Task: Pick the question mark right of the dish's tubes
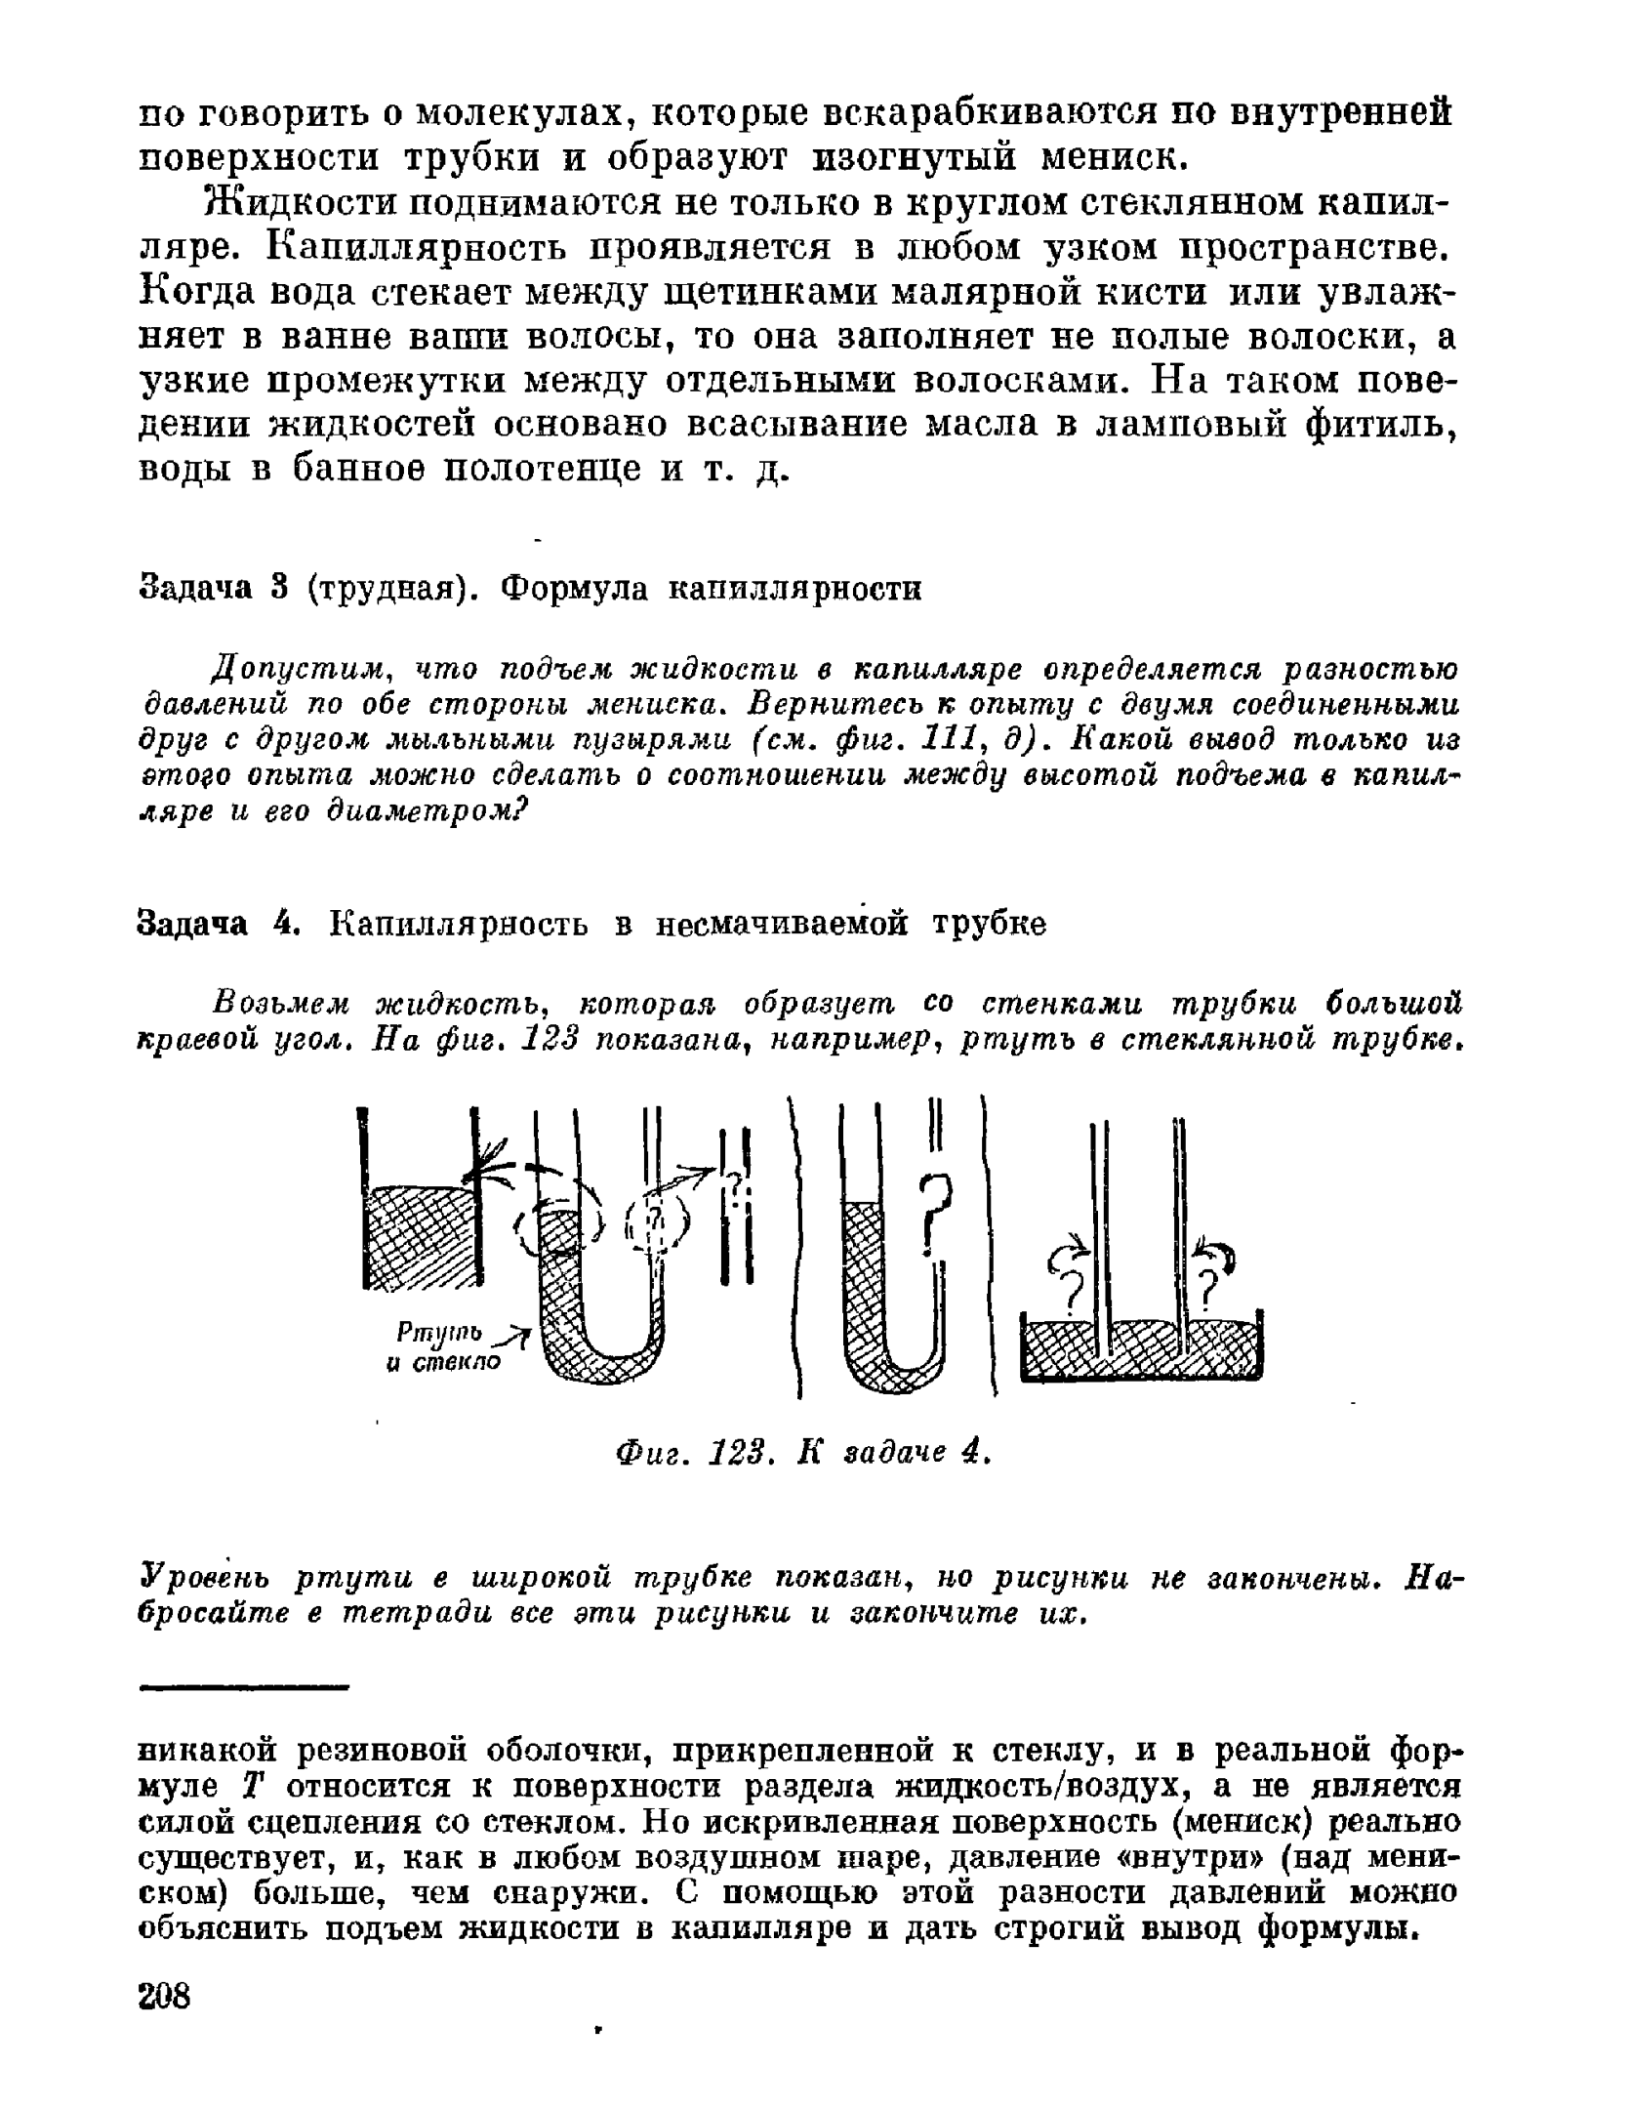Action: pyautogui.click(x=1211, y=1291)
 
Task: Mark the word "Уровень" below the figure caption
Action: pyautogui.click(x=202, y=1579)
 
